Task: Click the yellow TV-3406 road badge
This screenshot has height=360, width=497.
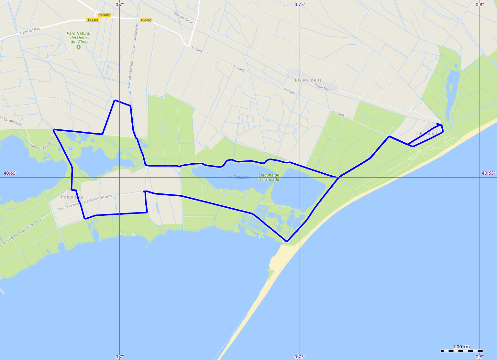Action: click(x=93, y=20)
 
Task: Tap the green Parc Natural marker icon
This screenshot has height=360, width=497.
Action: click(x=78, y=47)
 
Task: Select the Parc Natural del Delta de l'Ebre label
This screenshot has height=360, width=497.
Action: click(x=78, y=38)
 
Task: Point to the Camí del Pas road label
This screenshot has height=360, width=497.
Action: click(x=30, y=31)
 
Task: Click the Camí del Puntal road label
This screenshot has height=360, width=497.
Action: click(x=183, y=18)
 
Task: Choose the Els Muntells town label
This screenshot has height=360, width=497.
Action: click(x=308, y=80)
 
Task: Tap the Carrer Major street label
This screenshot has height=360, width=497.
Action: click(x=323, y=87)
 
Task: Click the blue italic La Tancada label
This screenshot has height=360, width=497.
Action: click(x=238, y=177)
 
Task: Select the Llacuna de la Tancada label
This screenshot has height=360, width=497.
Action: click(x=269, y=177)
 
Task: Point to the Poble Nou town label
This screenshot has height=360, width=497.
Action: click(x=72, y=197)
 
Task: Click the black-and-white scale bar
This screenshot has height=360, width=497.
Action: click(x=462, y=351)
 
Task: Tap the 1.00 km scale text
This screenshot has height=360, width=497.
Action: click(x=461, y=347)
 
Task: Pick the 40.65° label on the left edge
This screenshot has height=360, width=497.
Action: click(x=10, y=173)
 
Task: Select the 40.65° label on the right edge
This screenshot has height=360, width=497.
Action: click(x=488, y=173)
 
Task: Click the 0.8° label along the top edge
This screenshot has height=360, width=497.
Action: click(x=480, y=5)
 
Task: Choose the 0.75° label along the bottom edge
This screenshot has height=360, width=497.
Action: click(x=300, y=357)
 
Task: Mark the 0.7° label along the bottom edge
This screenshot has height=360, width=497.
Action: click(x=120, y=357)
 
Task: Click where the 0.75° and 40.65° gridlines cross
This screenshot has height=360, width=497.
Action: click(x=300, y=177)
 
